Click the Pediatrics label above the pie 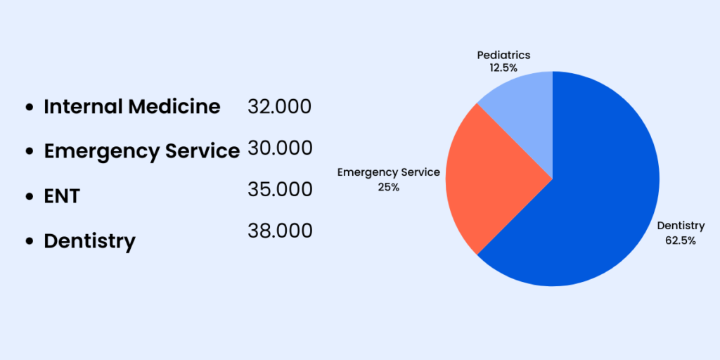[503, 55]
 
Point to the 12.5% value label [503, 68]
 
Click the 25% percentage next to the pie [388, 187]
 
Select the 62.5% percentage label [680, 240]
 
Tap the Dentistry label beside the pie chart [680, 226]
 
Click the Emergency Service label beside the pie [388, 172]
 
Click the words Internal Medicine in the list [132, 107]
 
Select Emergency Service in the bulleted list [141, 151]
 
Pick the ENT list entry [62, 196]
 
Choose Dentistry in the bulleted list [89, 241]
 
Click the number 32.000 [279, 107]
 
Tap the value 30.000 [279, 148]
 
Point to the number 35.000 [279, 190]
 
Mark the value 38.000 [279, 231]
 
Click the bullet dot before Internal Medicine [29, 108]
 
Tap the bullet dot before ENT [29, 196]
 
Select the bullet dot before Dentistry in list [29, 241]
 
